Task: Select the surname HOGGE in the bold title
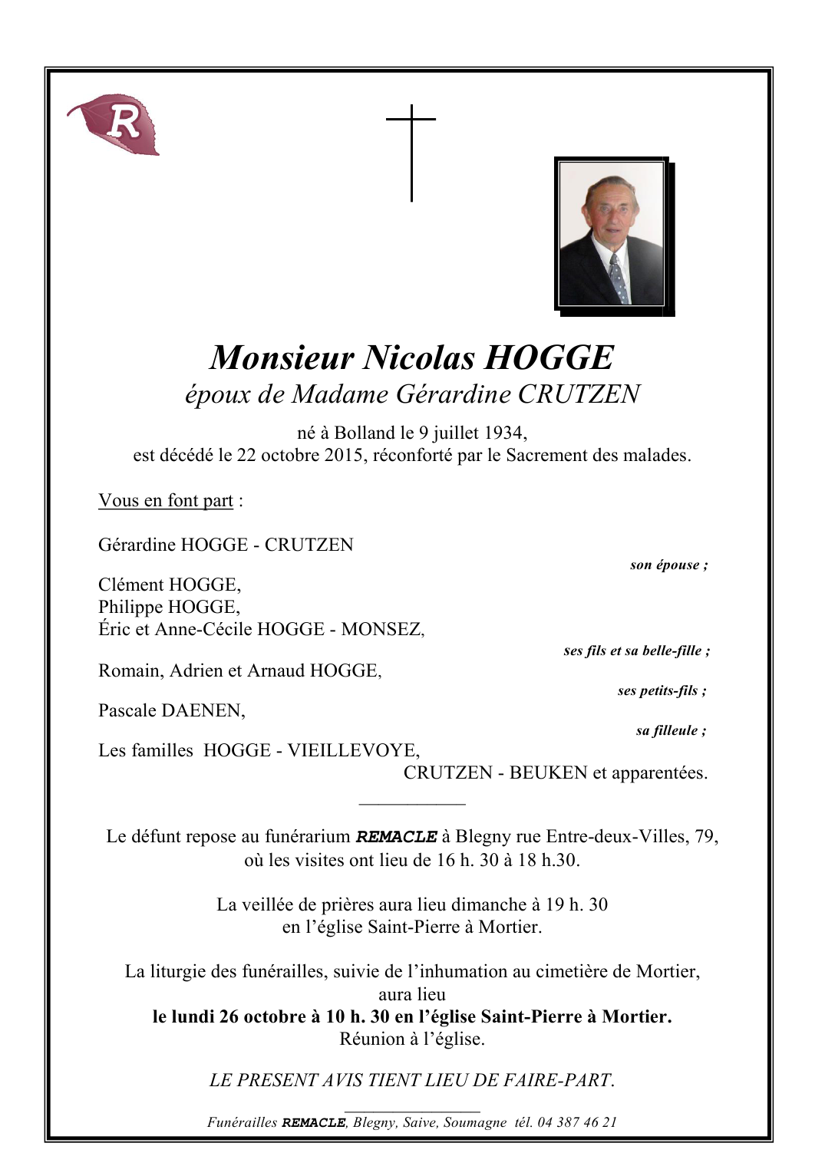549,358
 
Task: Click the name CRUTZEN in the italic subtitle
579,394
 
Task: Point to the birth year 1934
504,433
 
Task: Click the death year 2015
343,456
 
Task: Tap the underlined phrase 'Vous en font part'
166,501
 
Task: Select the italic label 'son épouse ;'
668,565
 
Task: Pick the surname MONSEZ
381,630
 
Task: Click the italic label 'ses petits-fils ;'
662,691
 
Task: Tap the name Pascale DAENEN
171,711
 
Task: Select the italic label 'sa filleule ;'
671,731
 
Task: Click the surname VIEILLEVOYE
353,751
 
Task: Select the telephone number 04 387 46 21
576,1122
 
